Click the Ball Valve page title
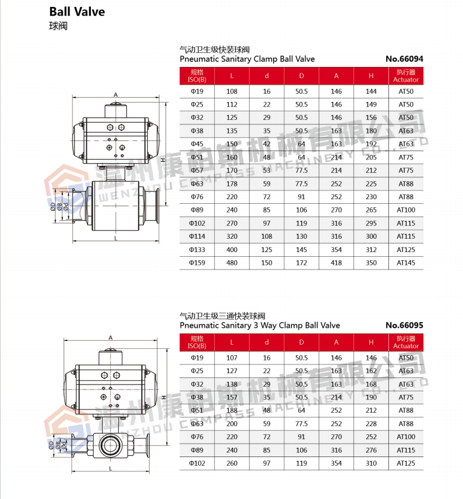77,12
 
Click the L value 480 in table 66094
232,263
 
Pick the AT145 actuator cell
406,263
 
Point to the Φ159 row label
197,263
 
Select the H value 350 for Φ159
371,263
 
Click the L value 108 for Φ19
232,91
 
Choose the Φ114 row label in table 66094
197,236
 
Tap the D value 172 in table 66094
301,263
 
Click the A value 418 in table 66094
336,263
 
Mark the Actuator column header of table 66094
406,76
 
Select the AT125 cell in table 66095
406,463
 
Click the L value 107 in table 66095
232,358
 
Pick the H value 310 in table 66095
371,463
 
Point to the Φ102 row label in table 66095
197,463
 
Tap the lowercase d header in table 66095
267,342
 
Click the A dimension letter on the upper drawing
116,94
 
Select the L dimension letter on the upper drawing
116,238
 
